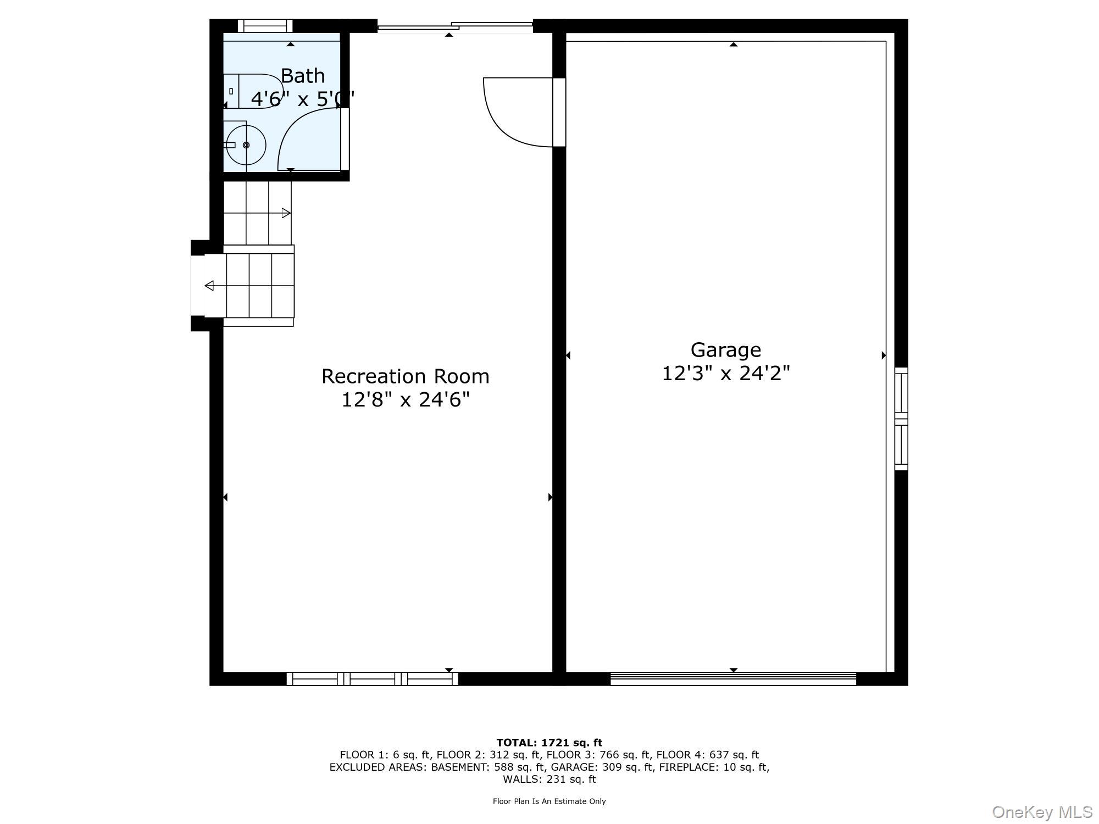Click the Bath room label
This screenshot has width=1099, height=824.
tap(303, 76)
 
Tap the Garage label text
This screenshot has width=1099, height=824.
tap(725, 350)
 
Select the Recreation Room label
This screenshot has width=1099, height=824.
tap(405, 376)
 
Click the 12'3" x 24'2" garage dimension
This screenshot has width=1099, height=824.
tap(725, 374)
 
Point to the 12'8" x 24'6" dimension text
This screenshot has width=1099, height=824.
tap(405, 399)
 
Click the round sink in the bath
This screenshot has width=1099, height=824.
tap(246, 145)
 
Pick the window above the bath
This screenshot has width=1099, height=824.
tap(265, 26)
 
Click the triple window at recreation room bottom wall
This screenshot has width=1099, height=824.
tap(372, 679)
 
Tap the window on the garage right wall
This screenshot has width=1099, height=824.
tap(901, 419)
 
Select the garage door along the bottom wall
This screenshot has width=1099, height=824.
tap(733, 679)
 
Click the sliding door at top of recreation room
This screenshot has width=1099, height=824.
tap(455, 26)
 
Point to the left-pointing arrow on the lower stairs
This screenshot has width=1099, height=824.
tap(209, 286)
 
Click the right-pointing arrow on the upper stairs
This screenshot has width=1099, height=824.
tap(286, 213)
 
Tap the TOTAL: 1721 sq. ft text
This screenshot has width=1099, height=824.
tap(549, 743)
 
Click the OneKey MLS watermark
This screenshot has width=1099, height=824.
tap(1042, 812)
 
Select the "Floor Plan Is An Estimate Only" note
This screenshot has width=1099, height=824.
tap(549, 801)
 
